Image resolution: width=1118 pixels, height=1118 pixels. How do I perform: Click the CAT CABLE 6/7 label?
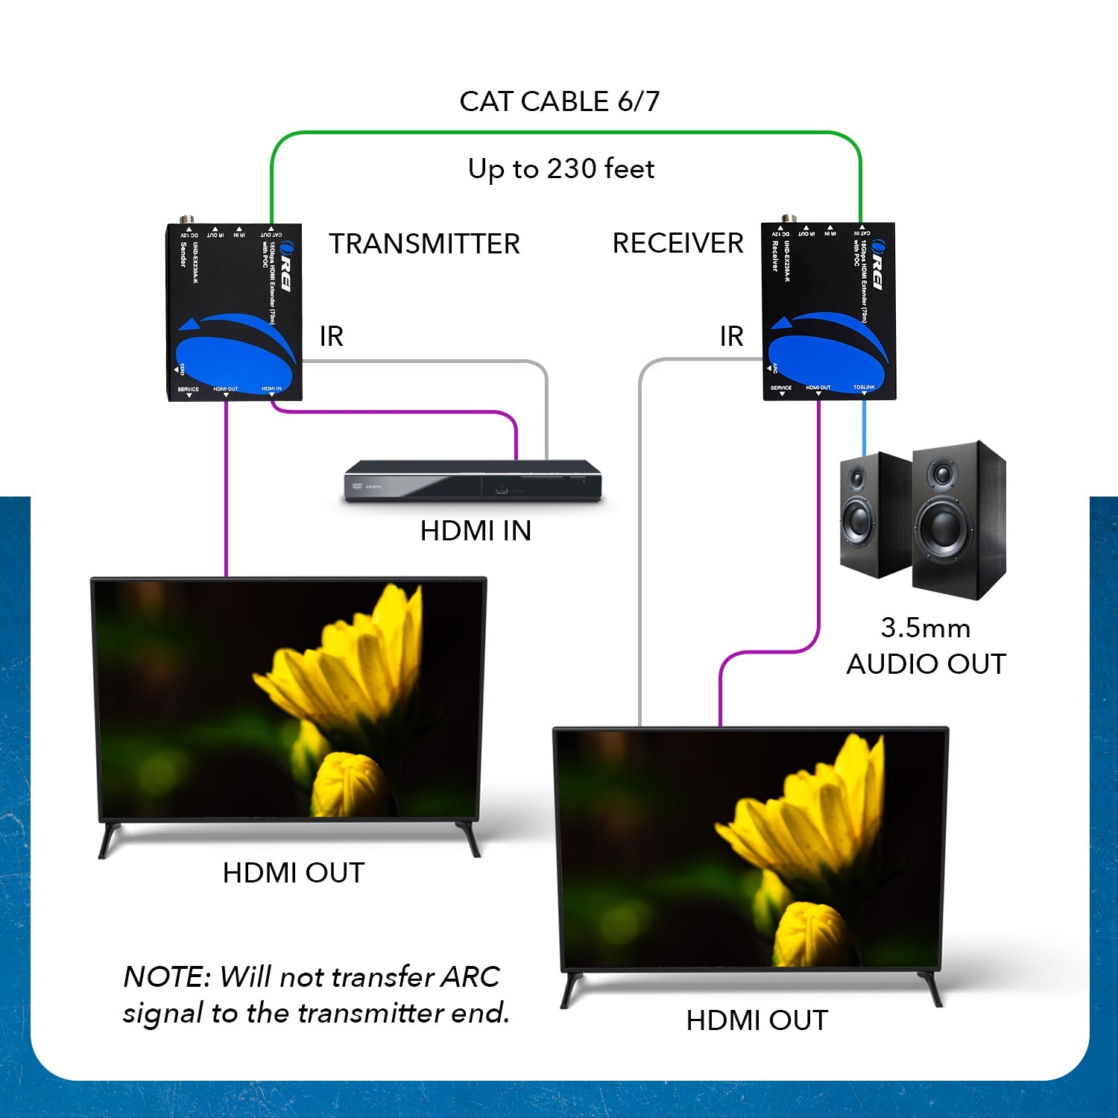(559, 101)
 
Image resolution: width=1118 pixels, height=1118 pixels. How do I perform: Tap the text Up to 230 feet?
(560, 169)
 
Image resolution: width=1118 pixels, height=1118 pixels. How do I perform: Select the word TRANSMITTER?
(424, 244)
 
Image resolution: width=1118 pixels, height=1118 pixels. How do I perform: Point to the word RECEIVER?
(678, 243)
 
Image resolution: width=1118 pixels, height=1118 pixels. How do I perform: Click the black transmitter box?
(233, 313)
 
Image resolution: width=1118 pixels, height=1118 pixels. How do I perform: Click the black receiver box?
(828, 312)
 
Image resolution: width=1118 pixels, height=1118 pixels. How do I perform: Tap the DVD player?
(473, 481)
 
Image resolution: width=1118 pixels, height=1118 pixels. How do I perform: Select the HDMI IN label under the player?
(476, 531)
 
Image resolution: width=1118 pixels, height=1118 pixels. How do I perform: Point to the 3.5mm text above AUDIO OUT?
(925, 628)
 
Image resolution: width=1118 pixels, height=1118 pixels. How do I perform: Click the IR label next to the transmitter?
(332, 336)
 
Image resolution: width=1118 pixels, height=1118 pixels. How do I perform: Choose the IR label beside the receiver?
(731, 336)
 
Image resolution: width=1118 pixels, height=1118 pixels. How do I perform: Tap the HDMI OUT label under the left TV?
(293, 873)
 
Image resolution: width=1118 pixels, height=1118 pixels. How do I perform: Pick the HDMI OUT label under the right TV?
(757, 1020)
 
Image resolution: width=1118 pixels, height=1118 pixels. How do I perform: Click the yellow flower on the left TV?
(350, 693)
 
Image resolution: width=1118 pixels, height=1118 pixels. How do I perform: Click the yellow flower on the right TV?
(812, 842)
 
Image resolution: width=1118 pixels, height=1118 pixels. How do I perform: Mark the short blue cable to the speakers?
(864, 428)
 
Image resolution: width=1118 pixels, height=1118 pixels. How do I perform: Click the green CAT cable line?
(566, 133)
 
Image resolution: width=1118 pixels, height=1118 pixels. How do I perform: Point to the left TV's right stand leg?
(469, 838)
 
